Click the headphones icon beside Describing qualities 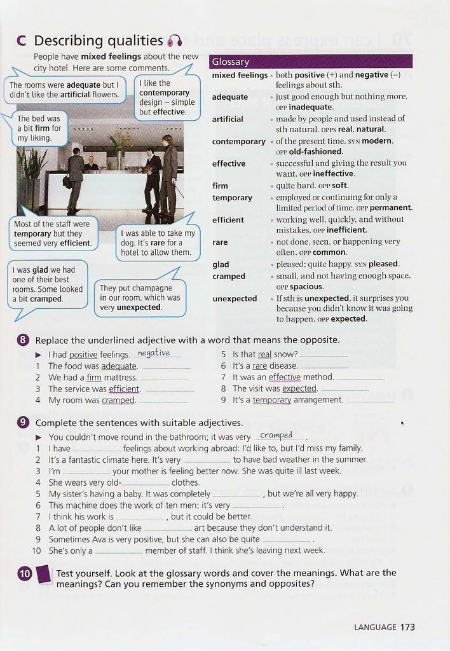tap(175, 41)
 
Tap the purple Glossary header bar tap(311, 62)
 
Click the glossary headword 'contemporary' tap(238, 141)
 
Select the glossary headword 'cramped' tap(229, 277)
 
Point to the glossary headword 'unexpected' tap(235, 299)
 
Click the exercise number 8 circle tap(24, 340)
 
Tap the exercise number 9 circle tap(24, 423)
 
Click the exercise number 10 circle tap(25, 574)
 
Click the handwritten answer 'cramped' tap(276, 435)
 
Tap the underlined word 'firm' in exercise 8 tap(94, 378)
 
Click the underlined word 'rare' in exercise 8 tap(259, 366)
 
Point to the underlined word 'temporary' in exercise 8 tap(271, 401)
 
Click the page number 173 tap(407, 627)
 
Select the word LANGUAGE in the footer tap(375, 627)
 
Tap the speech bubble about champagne tap(140, 297)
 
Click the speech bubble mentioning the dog tap(158, 242)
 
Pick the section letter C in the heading tap(22, 41)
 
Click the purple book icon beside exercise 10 tap(44, 574)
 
